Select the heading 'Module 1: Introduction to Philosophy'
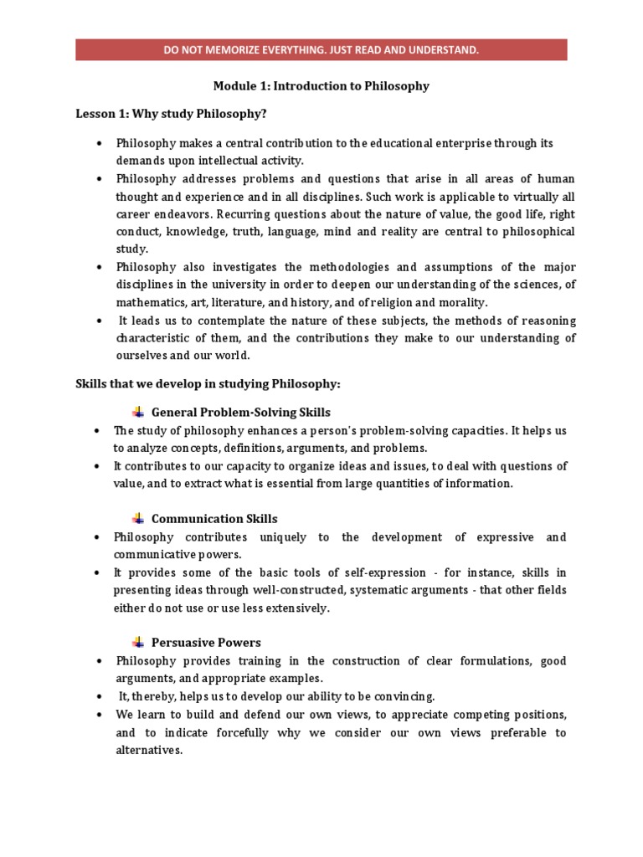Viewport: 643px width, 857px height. click(321, 86)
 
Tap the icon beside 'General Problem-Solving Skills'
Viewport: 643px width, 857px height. click(138, 412)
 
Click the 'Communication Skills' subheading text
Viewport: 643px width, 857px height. click(214, 519)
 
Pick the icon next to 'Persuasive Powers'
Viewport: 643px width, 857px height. click(138, 642)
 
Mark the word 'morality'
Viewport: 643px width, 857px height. click(461, 302)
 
